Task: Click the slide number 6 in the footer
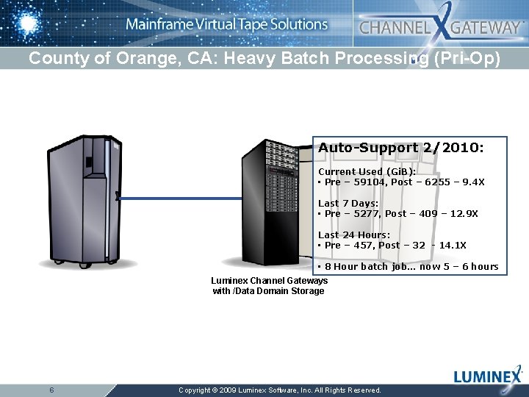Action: coord(51,390)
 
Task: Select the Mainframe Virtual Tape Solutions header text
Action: coord(226,24)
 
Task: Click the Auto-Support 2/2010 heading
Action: coord(400,148)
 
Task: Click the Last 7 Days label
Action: coord(348,203)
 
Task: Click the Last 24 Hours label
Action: coord(353,235)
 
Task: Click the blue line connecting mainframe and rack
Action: coord(180,198)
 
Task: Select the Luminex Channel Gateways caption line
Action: coord(269,281)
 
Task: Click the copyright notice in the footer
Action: coord(280,390)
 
